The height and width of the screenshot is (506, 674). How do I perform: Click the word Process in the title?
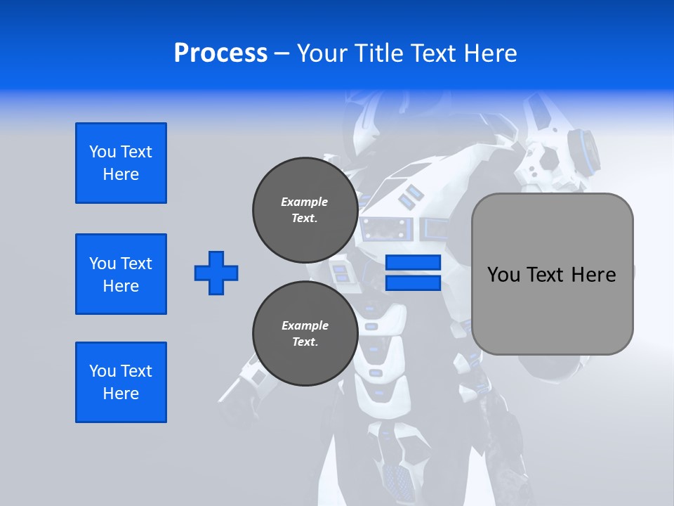[x=220, y=53]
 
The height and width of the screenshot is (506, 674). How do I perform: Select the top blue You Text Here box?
[x=121, y=163]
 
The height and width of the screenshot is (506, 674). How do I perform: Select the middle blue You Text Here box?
[x=121, y=274]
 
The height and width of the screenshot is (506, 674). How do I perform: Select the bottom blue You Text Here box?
[x=121, y=382]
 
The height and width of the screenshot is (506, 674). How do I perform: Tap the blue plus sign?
[x=216, y=273]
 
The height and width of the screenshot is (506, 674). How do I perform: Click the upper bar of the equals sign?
[x=413, y=263]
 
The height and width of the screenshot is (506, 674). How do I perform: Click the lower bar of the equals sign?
[x=413, y=283]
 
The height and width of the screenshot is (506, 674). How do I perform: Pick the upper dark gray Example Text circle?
[x=305, y=210]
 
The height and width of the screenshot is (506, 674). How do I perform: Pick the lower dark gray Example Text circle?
[x=305, y=334]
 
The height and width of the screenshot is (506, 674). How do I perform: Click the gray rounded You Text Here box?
[x=552, y=274]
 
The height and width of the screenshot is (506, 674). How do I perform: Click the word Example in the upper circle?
[x=305, y=202]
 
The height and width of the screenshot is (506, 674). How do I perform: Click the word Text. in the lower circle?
[x=305, y=342]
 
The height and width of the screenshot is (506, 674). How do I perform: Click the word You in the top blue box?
[x=103, y=152]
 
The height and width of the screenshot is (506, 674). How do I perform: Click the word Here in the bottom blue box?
[x=121, y=394]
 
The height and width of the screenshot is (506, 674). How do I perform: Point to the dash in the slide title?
[x=282, y=53]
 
